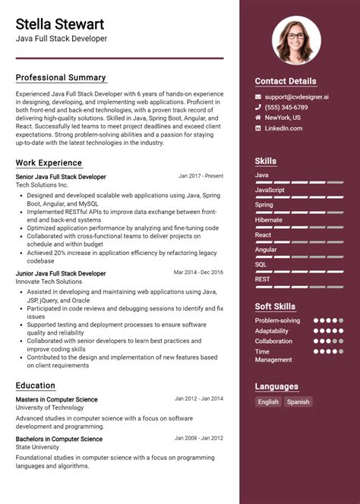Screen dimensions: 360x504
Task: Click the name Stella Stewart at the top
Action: (60, 24)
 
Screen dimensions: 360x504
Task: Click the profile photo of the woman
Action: (296, 41)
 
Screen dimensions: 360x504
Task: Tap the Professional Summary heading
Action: (61, 78)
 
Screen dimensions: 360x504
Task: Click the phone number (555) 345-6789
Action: (286, 108)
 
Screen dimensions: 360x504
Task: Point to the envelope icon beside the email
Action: (258, 97)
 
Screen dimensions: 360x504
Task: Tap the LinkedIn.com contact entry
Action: (283, 128)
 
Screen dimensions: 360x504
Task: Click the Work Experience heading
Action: (49, 162)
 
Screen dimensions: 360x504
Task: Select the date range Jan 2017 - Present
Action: (201, 176)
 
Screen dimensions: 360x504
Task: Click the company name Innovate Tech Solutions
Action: (49, 282)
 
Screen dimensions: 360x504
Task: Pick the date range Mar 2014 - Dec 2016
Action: (198, 272)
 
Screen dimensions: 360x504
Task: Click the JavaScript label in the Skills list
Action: (270, 190)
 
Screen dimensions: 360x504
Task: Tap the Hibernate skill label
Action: (268, 220)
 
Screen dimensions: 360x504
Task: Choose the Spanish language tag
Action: (298, 402)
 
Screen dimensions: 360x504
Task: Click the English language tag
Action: (268, 402)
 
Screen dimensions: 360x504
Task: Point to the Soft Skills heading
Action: (275, 307)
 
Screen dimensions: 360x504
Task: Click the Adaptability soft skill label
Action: (272, 331)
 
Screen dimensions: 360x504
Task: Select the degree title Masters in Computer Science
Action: (56, 399)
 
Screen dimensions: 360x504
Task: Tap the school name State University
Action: (39, 448)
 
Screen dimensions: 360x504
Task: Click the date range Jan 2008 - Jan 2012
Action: (199, 439)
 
